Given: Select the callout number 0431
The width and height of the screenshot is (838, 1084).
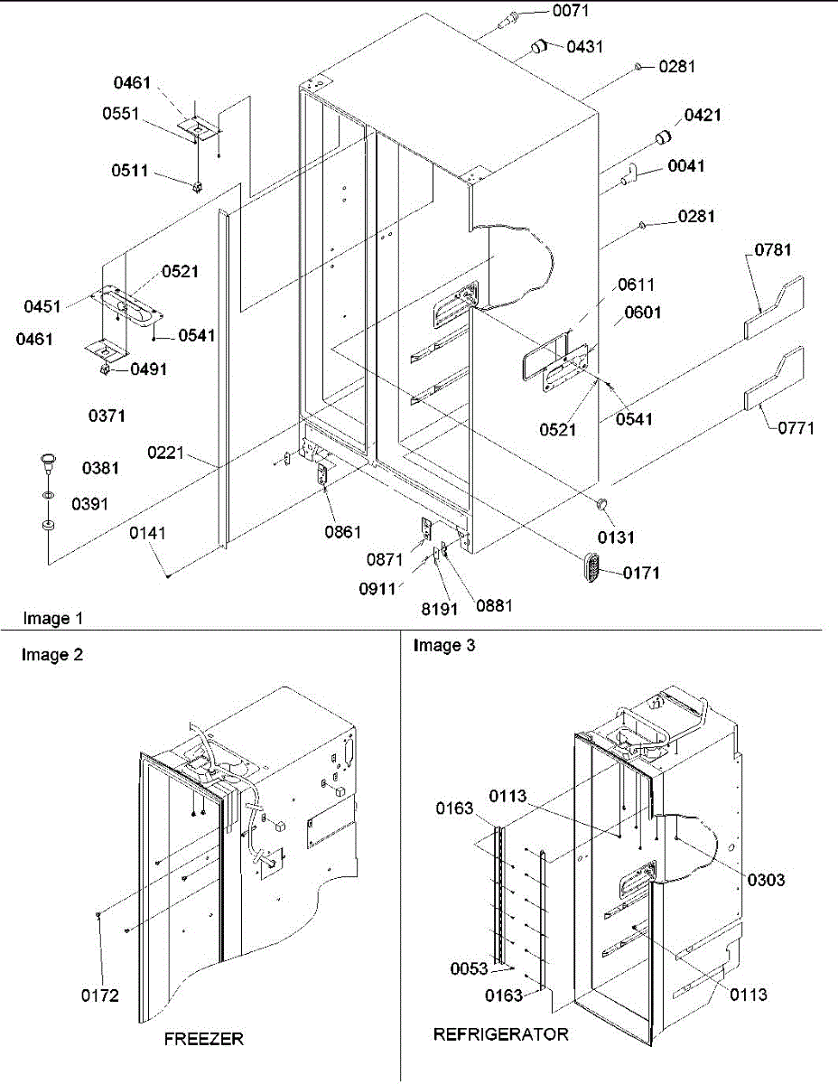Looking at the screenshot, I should click(585, 46).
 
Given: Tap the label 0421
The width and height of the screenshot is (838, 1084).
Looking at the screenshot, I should click(703, 115).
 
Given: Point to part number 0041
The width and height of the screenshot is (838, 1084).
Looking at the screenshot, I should click(686, 166).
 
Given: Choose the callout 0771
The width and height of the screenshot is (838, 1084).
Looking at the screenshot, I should click(796, 428).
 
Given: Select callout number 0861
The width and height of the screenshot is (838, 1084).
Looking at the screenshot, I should click(343, 532).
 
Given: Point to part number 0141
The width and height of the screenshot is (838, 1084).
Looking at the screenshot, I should click(148, 534).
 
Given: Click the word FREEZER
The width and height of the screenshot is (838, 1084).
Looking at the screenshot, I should click(203, 1039).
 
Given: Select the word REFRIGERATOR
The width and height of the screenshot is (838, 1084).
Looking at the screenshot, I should click(501, 1034).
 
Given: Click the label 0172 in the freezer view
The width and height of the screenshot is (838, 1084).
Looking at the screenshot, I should click(100, 996).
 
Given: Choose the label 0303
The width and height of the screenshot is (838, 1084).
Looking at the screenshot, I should click(766, 880).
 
